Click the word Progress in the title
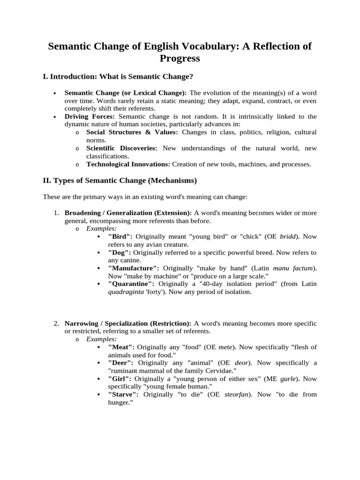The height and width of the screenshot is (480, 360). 180,58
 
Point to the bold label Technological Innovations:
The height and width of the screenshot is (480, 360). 128,164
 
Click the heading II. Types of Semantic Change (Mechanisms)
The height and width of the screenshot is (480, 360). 120,180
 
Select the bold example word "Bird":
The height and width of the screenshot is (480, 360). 121,237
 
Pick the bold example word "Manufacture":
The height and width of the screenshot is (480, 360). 133,268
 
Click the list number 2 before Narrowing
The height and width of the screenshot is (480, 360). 55,323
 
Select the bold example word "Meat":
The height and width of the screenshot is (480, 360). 121,347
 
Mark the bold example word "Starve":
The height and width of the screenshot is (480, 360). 123,394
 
